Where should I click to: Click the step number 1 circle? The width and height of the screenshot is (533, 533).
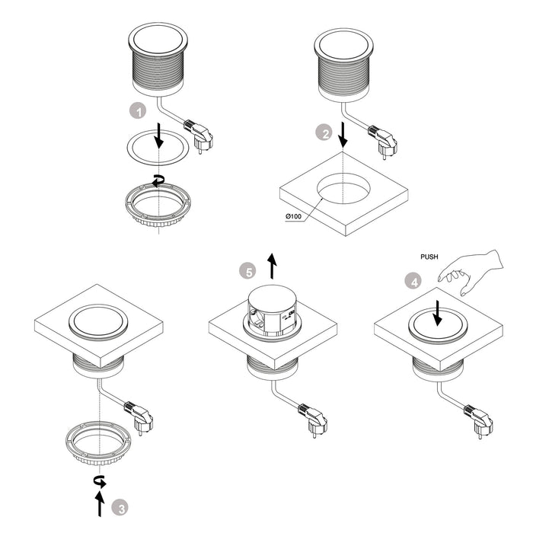coord(138,111)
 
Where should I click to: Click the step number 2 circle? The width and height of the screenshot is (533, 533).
coord(324,134)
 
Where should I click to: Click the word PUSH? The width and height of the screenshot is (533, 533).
coord(430,257)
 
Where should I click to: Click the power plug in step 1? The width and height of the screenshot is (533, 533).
coord(202,139)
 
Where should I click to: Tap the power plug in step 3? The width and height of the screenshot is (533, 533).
coord(140,421)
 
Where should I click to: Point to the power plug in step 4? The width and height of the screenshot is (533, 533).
coord(480,421)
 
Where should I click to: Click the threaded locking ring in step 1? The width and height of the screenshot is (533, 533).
coord(157,203)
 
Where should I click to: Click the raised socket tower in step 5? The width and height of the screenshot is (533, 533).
coord(272,308)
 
